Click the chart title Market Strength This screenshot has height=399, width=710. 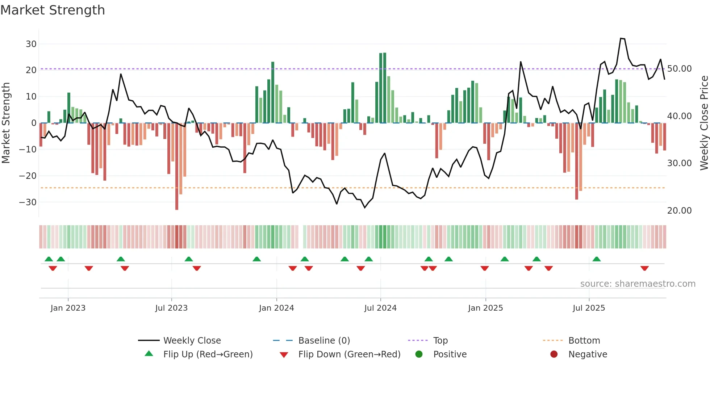click(53, 10)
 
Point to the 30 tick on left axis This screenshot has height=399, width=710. click(31, 44)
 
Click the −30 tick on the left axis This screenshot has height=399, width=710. click(28, 202)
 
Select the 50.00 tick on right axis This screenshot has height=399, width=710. click(679, 69)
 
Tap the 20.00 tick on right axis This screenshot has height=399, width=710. click(679, 210)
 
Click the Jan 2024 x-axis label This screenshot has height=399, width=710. click(276, 308)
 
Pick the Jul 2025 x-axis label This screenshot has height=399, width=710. click(589, 308)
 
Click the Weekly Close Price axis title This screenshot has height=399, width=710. click(704, 123)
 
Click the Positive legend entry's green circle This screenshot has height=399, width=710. click(419, 354)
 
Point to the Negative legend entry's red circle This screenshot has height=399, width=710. click(554, 354)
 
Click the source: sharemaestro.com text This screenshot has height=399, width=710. click(638, 284)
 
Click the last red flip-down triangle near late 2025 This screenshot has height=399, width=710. click(644, 268)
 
